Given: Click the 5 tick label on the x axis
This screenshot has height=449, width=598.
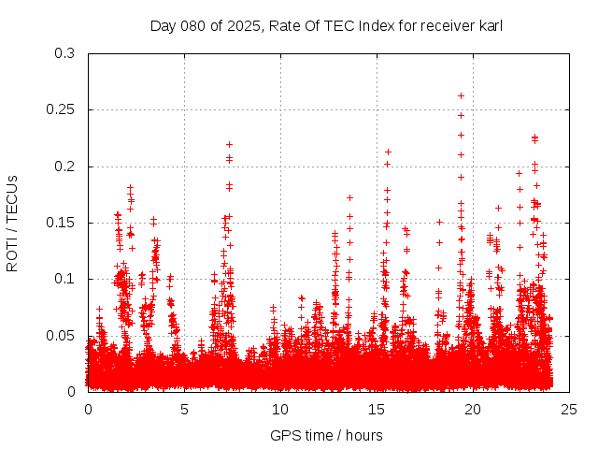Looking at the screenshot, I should click(184, 409).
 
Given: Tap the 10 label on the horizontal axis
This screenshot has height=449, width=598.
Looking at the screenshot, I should click(280, 409).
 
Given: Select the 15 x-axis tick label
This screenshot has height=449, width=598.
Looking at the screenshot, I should click(377, 409).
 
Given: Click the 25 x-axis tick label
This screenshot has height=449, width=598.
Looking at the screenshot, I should click(569, 409).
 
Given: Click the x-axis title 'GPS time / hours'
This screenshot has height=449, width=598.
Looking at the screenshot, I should click(326, 435).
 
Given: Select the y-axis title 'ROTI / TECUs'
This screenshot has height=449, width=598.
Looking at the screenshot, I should click(12, 223).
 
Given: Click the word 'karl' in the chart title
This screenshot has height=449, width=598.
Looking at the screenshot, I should click(491, 25).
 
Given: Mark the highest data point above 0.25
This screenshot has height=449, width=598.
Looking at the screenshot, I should click(461, 95).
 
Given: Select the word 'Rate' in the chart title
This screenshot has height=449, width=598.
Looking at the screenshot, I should click(284, 25).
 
